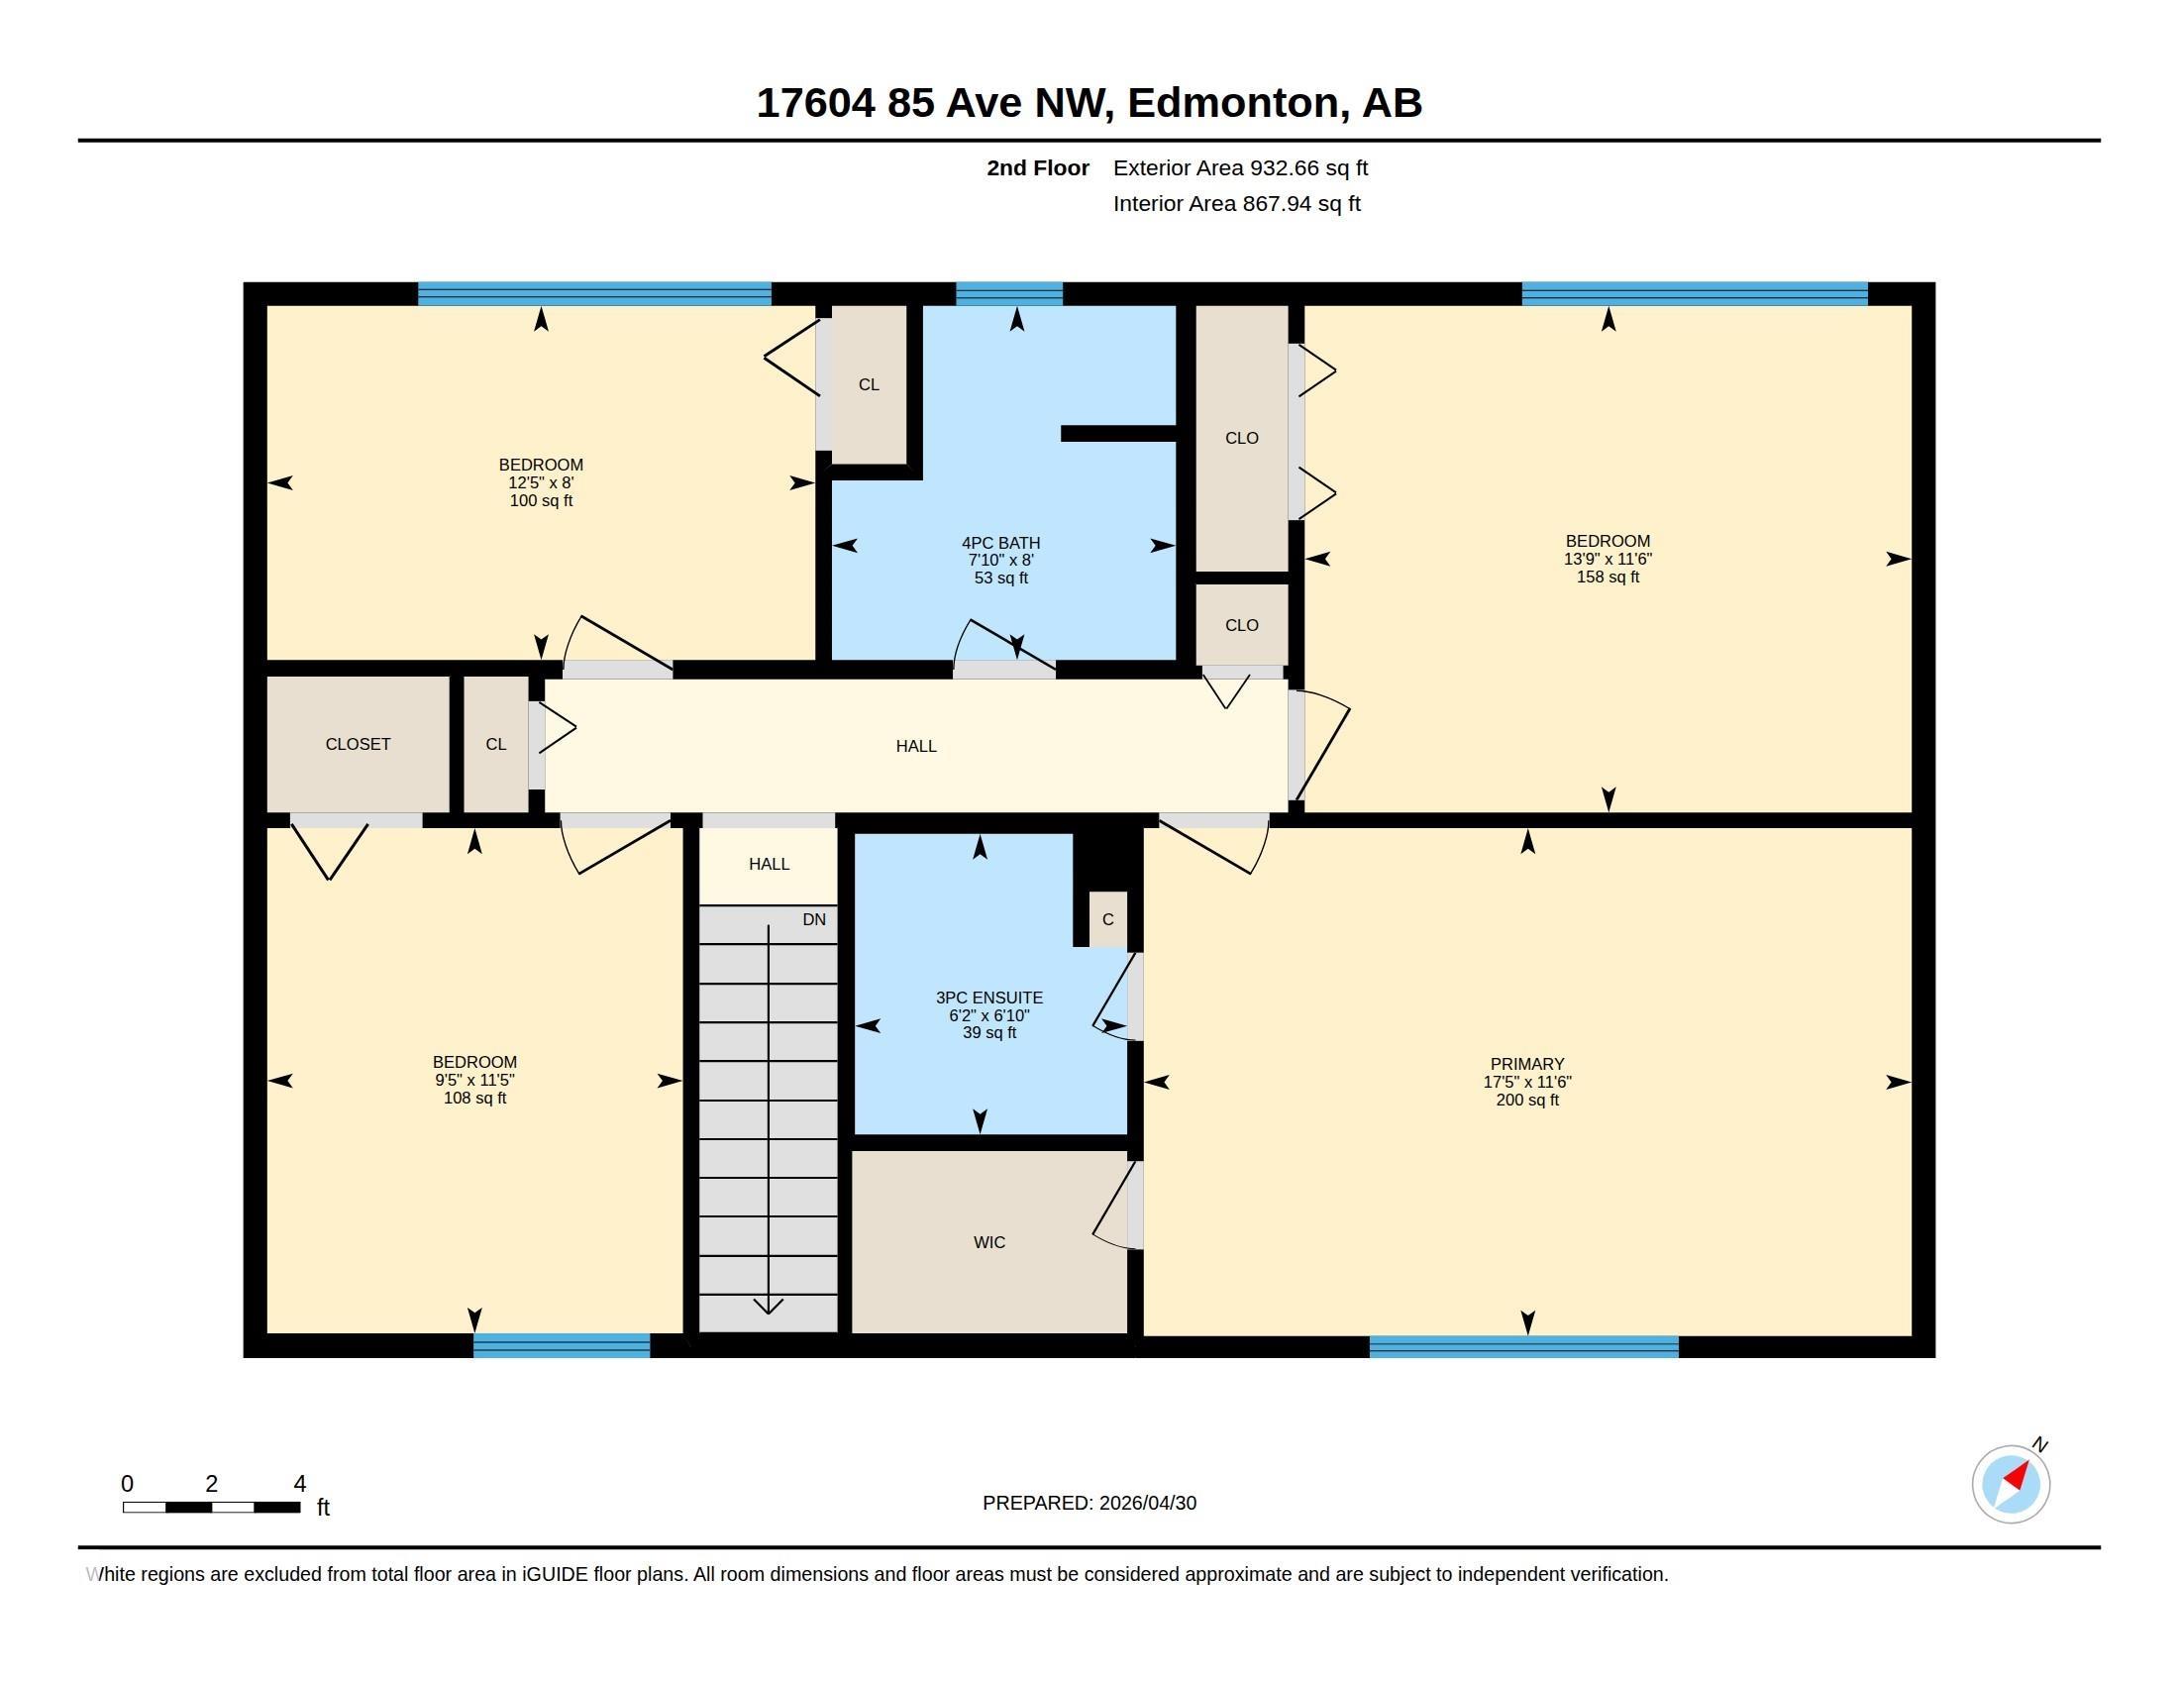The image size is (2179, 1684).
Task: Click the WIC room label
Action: (988, 1242)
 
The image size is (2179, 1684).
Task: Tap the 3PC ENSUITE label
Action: (988, 998)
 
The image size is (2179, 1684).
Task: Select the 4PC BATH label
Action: (1000, 543)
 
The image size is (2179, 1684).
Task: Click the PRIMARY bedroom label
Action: (1526, 1064)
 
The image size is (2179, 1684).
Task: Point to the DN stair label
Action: (814, 920)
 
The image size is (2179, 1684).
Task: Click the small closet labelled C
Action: (1107, 920)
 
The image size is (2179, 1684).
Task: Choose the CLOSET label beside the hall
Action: (358, 744)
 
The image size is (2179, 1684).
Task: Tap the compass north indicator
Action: (2013, 1483)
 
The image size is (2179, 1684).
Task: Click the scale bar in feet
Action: (212, 1507)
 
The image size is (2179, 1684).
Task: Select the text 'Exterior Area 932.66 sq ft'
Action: (1240, 167)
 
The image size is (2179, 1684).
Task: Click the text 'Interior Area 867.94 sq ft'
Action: (1236, 203)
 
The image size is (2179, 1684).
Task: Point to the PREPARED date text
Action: (1089, 1503)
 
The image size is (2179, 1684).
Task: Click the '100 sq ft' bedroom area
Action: (541, 501)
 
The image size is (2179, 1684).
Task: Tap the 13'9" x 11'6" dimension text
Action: (1608, 559)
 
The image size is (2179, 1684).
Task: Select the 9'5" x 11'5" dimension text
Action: (473, 1081)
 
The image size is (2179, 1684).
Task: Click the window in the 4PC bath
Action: (1008, 293)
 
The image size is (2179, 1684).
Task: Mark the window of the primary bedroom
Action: (1523, 1347)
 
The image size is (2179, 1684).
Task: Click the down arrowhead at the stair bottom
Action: (769, 1307)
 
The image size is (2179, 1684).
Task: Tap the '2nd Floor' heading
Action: (1038, 167)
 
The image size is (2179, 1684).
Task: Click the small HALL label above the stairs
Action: (769, 864)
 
